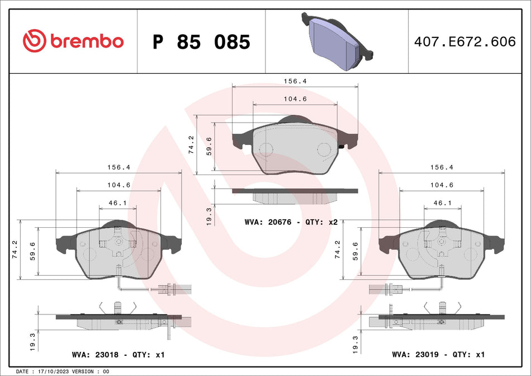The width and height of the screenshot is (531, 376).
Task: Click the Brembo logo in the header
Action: pyautogui.click(x=73, y=41)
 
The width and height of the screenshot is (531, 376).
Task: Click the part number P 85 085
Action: pyautogui.click(x=201, y=42)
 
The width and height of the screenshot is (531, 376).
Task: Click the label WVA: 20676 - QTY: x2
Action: pyautogui.click(x=291, y=222)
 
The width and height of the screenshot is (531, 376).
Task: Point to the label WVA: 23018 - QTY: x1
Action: pyautogui.click(x=118, y=355)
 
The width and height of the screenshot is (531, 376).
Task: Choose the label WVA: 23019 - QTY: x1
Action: pyautogui.click(x=438, y=355)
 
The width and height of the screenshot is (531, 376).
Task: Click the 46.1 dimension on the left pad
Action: pyautogui.click(x=117, y=203)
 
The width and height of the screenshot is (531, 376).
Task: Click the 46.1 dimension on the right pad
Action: pyautogui.click(x=442, y=203)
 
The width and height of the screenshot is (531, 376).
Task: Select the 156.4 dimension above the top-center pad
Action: pyautogui.click(x=295, y=81)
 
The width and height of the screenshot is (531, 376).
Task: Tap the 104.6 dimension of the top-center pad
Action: pyautogui.click(x=295, y=98)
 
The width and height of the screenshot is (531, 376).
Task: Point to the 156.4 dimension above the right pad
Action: pyautogui.click(x=442, y=167)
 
